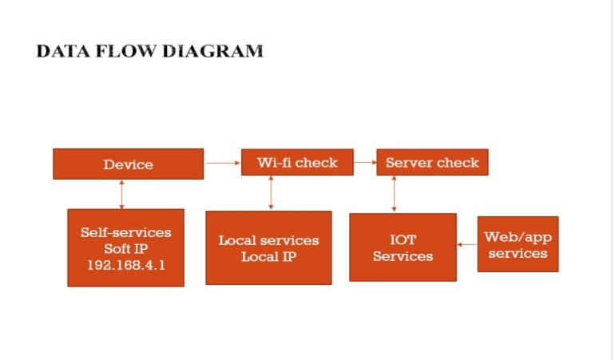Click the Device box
128,164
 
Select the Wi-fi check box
297,163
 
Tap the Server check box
432,163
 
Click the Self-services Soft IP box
125,247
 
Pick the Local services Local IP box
268,247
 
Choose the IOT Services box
403,247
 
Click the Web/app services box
518,244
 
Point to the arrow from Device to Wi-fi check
223,163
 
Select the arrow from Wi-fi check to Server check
365,163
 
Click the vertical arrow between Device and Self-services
122,194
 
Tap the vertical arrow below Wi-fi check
272,192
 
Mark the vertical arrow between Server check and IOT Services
394,194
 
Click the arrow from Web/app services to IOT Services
467,244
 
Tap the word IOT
403,239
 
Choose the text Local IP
268,257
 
